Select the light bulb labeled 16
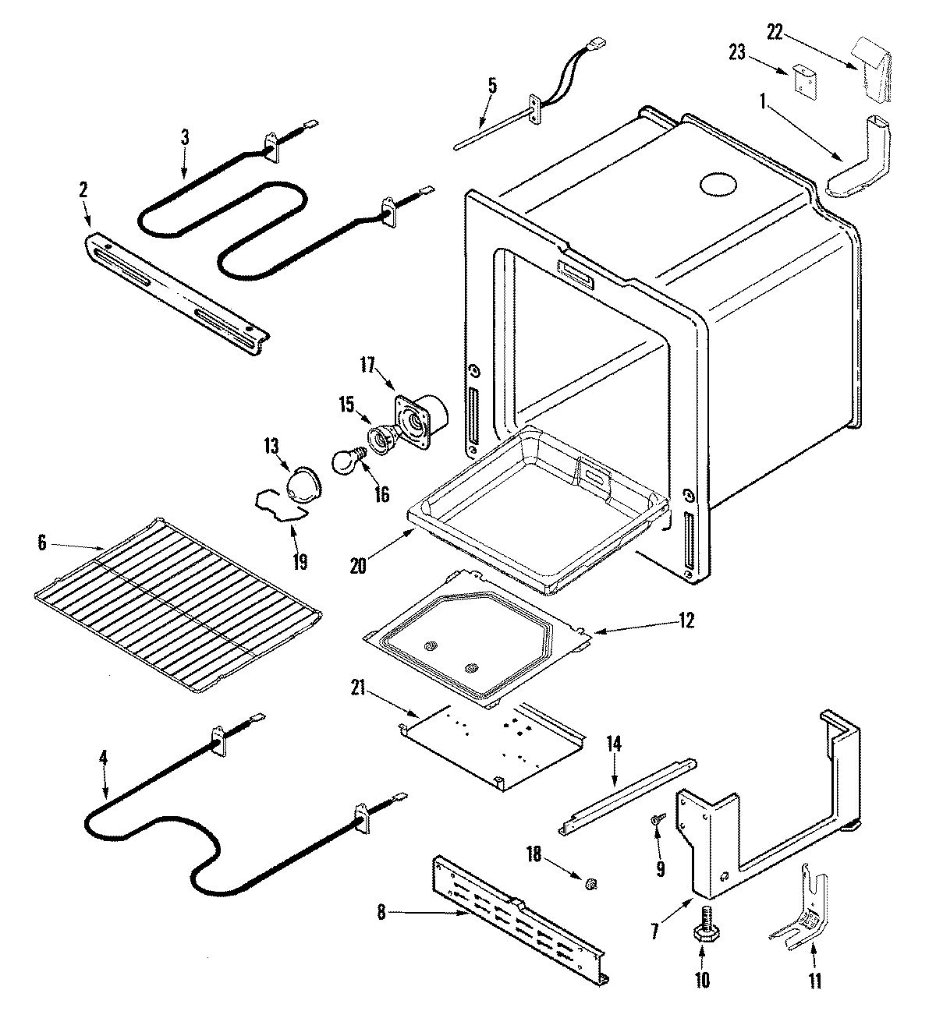[x=346, y=462]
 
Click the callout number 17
[x=367, y=364]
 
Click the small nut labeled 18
[x=590, y=883]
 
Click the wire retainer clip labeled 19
[x=278, y=506]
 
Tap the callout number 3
[x=185, y=136]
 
